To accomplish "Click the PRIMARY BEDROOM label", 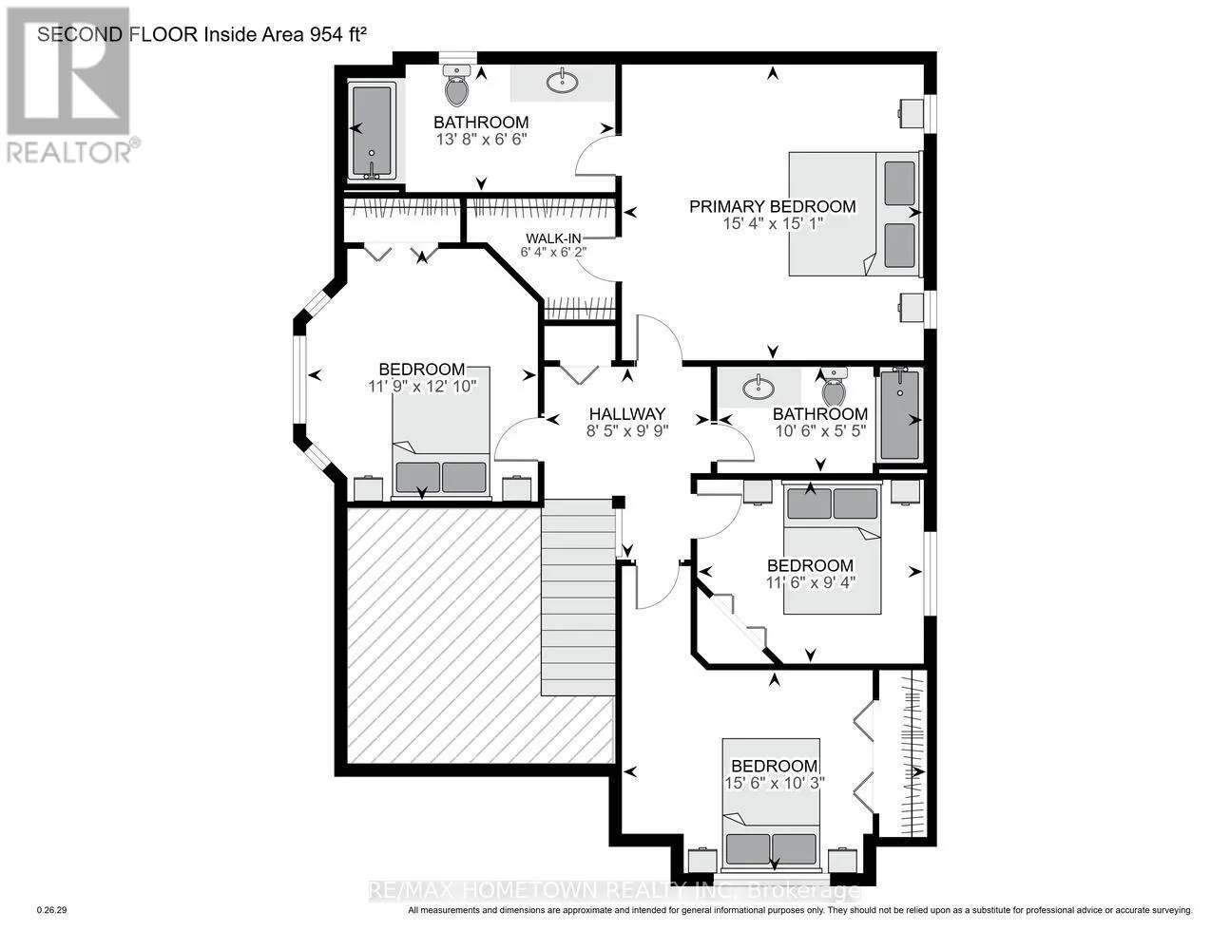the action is pos(772,206).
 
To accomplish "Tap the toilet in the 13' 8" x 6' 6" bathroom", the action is pos(457,85).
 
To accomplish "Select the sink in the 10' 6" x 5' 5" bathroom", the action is pos(759,388).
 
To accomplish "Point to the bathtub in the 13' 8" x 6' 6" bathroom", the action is pos(372,131).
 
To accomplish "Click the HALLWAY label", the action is pos(627,414).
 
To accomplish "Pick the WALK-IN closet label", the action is pos(553,238).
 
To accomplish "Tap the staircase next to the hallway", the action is pos(578,598).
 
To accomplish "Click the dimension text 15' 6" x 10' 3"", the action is pos(775,783).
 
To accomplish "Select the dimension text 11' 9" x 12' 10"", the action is pos(422,387).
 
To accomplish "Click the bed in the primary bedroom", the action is pos(855,214).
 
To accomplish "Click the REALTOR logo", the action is pos(69,85).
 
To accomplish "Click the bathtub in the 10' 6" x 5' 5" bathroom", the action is pos(899,414).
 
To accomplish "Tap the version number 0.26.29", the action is pos(52,910).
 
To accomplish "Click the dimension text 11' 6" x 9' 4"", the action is pos(810,581).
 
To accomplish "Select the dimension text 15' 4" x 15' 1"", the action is pos(773,223).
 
